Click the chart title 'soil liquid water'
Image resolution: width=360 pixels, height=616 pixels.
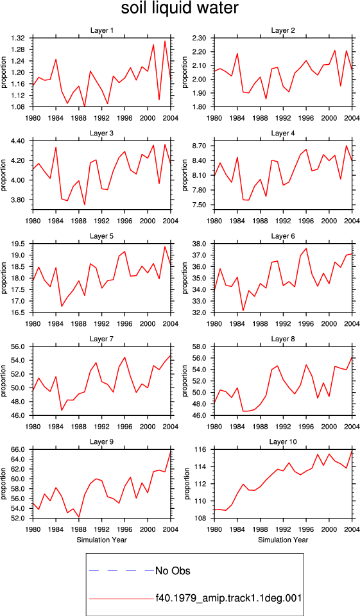pos(180,8)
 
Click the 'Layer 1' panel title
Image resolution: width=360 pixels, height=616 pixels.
pos(102,31)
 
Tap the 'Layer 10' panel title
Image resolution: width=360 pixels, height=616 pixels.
pos(282,442)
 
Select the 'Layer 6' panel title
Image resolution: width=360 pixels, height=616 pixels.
pos(282,236)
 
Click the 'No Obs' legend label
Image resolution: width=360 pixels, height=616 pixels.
pos(173,570)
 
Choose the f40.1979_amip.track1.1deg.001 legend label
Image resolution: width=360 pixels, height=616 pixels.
pos(228,598)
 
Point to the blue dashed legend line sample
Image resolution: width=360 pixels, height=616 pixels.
pos(121,570)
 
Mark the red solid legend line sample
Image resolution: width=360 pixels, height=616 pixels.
pos(121,599)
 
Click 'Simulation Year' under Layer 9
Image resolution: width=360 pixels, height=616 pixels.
pos(102,540)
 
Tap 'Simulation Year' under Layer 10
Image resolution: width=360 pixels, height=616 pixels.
pos(283,540)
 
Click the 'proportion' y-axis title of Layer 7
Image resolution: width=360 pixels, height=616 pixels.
pos(4,381)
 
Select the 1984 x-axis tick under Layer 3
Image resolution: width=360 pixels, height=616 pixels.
pos(56,221)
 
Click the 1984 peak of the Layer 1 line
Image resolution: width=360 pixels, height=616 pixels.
pos(56,59)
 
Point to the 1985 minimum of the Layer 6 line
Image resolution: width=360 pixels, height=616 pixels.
pos(243,311)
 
